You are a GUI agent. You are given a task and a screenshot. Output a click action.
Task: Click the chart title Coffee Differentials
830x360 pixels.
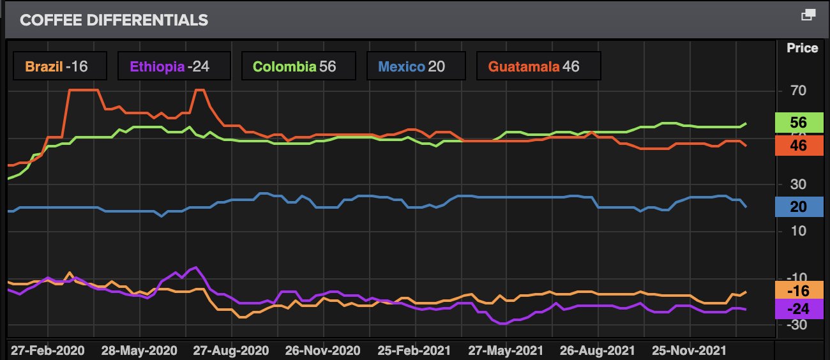pos(114,20)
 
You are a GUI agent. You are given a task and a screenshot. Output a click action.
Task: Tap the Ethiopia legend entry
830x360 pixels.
pos(170,66)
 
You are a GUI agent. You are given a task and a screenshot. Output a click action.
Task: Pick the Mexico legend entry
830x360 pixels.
pos(412,66)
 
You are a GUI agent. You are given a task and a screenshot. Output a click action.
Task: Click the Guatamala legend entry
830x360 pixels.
pos(534,66)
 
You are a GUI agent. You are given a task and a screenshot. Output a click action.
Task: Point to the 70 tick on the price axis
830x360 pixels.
pos(798,91)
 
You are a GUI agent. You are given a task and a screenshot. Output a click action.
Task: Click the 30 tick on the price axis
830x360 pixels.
pos(798,184)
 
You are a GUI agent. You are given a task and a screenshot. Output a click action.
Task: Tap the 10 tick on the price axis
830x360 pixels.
pos(798,230)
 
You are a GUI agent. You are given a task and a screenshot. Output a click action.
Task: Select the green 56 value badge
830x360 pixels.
pos(798,123)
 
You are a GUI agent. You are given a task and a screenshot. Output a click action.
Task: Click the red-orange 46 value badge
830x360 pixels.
pos(798,146)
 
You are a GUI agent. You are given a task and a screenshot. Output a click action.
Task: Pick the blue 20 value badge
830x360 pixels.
pos(798,207)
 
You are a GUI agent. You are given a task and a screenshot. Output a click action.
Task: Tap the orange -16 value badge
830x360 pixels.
pos(798,291)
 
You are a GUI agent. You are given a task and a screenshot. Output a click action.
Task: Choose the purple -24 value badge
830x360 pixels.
pos(798,309)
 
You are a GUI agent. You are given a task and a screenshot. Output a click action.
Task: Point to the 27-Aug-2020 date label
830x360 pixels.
pos(231,350)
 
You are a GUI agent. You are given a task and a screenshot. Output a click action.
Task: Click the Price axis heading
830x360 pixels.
pos(802,49)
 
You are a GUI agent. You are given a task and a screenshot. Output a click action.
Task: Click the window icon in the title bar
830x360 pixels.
pos(808,15)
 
